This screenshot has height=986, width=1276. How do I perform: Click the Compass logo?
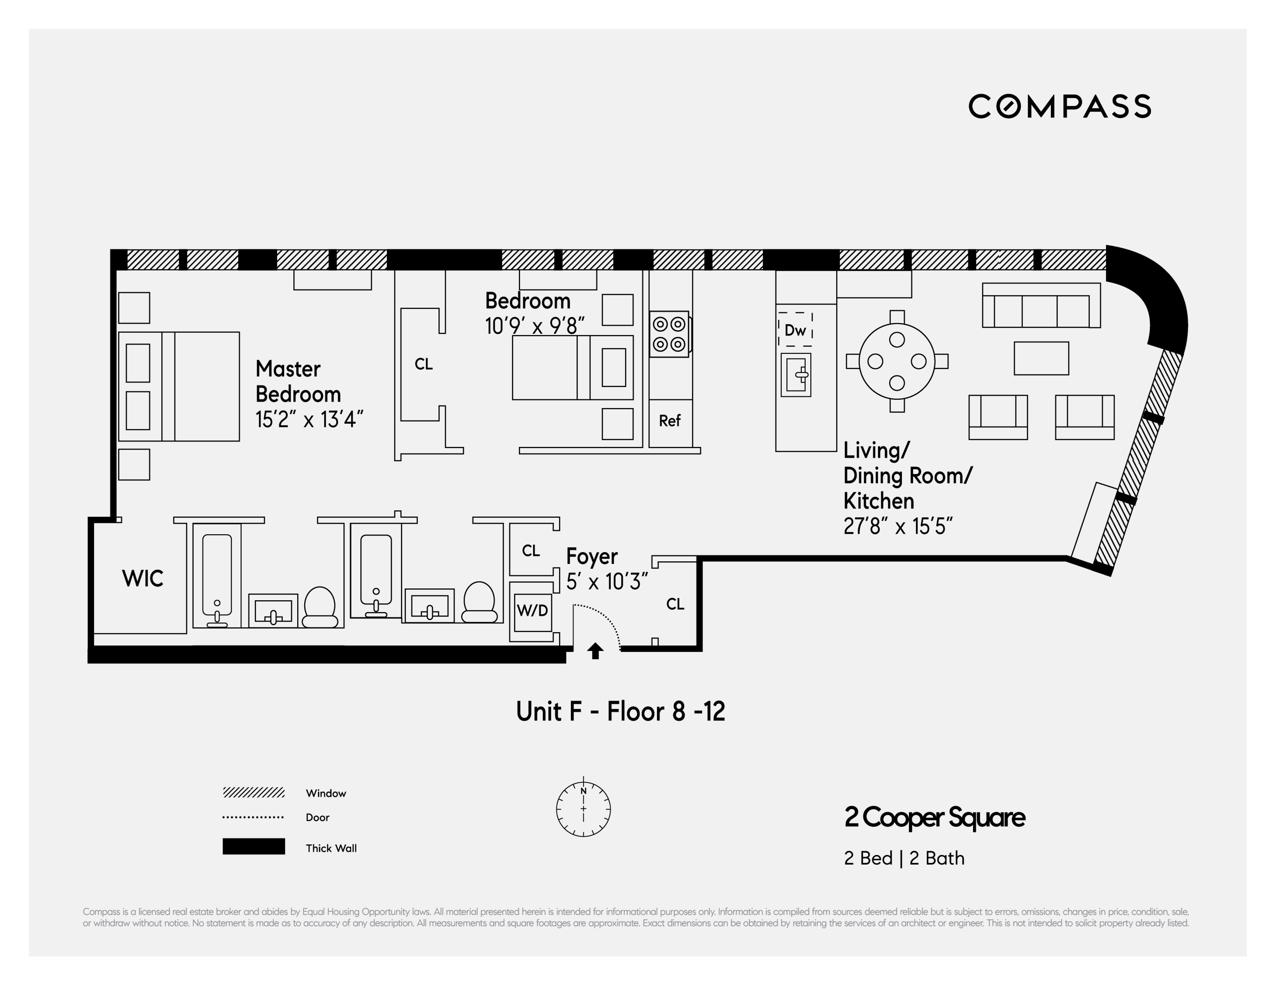1059,106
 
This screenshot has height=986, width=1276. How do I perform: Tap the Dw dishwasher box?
795,330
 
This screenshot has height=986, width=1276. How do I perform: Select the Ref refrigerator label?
670,421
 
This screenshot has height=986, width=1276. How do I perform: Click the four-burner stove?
669,334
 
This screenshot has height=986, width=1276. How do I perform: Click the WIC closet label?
143,578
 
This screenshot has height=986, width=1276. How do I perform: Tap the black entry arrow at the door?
595,651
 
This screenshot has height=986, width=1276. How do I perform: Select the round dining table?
897,361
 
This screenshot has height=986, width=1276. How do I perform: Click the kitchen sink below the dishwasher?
796,375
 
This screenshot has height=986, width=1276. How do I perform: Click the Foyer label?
591,556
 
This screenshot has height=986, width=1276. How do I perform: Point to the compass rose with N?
583,809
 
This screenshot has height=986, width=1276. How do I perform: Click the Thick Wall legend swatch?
254,847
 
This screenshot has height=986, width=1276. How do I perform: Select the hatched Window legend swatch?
254,792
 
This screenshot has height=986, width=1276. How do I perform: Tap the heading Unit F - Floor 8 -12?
620,712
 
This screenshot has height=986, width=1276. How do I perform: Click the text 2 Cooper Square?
934,817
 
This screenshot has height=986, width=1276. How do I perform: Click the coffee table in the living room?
1041,358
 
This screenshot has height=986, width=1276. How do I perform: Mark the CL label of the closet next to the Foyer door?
675,604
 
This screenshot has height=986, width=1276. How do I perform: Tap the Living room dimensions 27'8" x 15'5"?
897,526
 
